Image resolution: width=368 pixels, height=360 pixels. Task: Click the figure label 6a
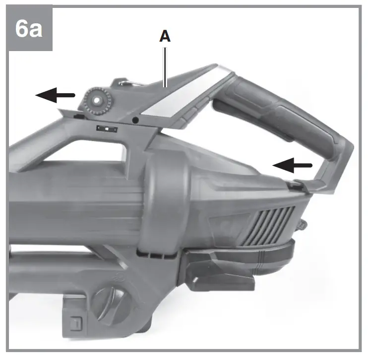29,29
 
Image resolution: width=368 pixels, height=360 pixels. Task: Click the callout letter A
165,36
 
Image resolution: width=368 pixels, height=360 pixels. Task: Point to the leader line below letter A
165,67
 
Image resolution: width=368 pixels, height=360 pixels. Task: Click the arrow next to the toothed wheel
55,95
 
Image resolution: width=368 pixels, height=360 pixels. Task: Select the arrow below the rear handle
292,165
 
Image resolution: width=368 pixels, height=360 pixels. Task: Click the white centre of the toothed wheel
96,101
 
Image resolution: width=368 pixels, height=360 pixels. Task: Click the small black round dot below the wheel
135,120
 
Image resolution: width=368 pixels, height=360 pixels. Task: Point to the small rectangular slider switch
107,129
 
